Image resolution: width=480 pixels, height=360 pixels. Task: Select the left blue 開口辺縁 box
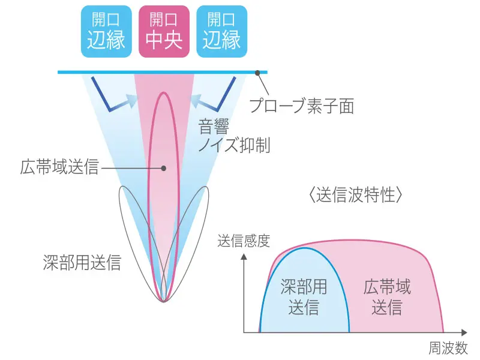tap(106, 31)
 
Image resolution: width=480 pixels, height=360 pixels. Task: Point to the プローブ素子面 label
tap(301, 106)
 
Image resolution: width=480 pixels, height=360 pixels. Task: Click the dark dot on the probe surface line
tap(258, 73)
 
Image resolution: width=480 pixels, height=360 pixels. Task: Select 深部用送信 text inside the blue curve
tap(304, 297)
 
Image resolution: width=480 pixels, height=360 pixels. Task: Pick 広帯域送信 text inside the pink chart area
tap(387, 297)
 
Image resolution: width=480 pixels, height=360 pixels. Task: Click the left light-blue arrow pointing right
tap(129, 103)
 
